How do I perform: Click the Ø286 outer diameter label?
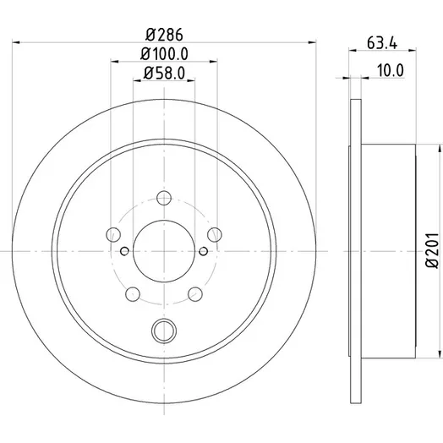[x=164, y=35]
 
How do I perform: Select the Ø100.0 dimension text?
[x=164, y=53]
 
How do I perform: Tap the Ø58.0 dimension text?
[x=164, y=73]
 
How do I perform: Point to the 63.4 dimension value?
[x=382, y=43]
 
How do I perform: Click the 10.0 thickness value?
[x=391, y=70]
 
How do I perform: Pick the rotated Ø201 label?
[x=433, y=250]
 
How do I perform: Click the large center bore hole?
[x=164, y=251]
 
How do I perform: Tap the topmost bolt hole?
[x=164, y=198]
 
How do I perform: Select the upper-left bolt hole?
[x=113, y=234]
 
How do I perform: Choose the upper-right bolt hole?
[x=215, y=234]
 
